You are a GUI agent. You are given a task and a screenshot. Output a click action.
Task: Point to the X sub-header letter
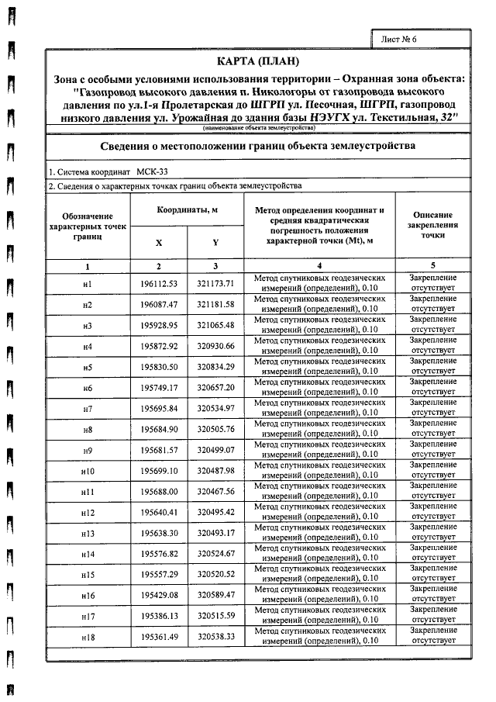[159, 243]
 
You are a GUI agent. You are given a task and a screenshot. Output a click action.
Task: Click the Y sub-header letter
[215, 243]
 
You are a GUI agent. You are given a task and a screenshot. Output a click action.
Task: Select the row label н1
[88, 284]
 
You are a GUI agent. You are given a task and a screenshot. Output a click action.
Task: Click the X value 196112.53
[160, 284]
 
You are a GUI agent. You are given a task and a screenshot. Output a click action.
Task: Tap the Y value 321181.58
[215, 305]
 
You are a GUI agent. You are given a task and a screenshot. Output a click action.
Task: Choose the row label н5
[88, 368]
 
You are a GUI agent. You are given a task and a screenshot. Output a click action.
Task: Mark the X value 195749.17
[160, 388]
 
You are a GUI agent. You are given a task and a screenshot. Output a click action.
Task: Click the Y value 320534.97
[215, 409]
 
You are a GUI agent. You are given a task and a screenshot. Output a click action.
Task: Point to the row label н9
[88, 451]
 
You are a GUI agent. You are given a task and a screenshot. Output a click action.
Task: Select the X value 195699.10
[160, 472]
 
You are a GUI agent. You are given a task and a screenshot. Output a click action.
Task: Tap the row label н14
[88, 555]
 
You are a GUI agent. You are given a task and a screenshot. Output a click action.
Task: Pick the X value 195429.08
[160, 596]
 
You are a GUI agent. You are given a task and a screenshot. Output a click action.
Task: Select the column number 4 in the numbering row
[319, 266]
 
